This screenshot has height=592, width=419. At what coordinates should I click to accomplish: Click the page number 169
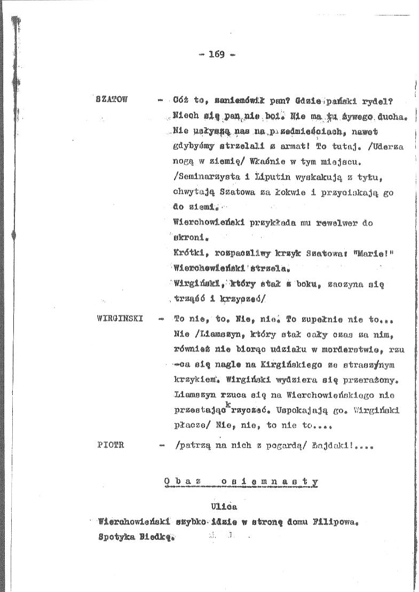[x=217, y=53]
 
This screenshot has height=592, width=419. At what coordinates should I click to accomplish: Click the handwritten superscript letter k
[x=227, y=405]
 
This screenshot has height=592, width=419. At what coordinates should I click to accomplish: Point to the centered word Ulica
[x=224, y=506]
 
